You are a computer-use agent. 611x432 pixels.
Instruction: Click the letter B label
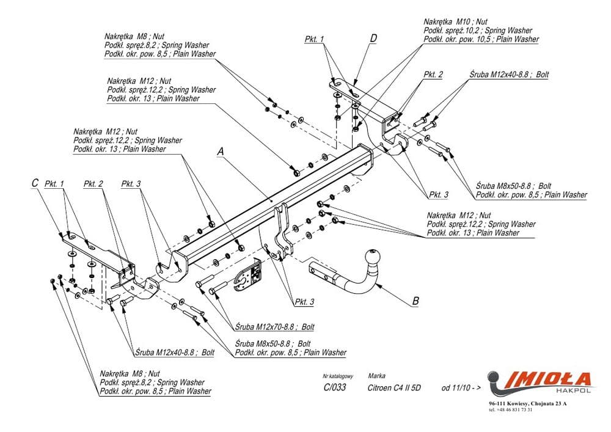pyautogui.click(x=416, y=299)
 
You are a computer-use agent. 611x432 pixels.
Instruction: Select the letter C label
pyautogui.click(x=35, y=183)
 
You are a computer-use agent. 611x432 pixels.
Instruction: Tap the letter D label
pyautogui.click(x=373, y=38)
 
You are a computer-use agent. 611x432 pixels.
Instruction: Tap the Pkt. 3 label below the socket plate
pyautogui.click(x=304, y=302)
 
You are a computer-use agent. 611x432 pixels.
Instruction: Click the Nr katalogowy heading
pyautogui.click(x=338, y=376)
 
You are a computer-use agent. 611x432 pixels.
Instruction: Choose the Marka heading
pyautogui.click(x=376, y=376)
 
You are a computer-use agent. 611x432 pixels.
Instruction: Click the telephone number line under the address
pyautogui.click(x=511, y=410)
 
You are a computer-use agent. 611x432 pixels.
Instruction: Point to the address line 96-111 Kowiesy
pyautogui.click(x=528, y=404)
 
